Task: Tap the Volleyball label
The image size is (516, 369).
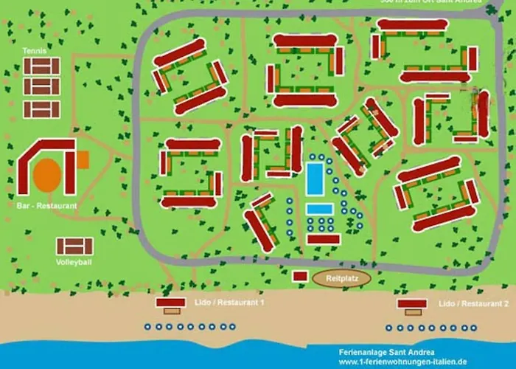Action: click(x=74, y=262)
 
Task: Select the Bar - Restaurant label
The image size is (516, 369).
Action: click(x=46, y=206)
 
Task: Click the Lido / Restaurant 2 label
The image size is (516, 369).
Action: click(x=473, y=303)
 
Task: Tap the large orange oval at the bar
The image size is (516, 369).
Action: click(x=48, y=174)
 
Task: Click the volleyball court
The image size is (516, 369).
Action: click(x=74, y=246)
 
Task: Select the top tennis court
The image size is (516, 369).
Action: click(x=41, y=66)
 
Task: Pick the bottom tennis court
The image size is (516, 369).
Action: click(x=41, y=109)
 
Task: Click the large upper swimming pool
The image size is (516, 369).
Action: click(x=315, y=178)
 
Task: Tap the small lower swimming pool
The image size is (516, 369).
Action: click(x=318, y=209)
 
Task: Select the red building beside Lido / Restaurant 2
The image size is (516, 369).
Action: click(x=412, y=303)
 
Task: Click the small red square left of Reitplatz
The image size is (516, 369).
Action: click(x=299, y=276)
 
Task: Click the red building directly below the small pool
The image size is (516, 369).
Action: click(x=323, y=238)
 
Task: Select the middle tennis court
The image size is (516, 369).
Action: click(x=41, y=87)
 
